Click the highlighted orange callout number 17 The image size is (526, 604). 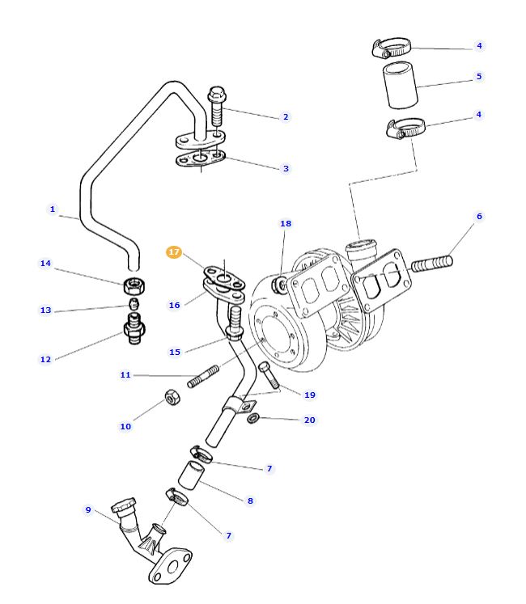[174, 252]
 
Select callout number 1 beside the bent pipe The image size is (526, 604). [53, 209]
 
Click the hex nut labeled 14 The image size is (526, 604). [134, 285]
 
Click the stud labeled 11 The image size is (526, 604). [203, 376]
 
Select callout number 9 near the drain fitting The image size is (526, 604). [88, 509]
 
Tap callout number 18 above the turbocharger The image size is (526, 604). [286, 223]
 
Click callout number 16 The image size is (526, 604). [174, 305]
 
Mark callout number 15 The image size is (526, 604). [174, 352]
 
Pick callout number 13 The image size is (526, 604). [45, 310]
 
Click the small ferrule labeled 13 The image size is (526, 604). [134, 305]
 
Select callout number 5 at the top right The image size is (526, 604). [478, 77]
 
